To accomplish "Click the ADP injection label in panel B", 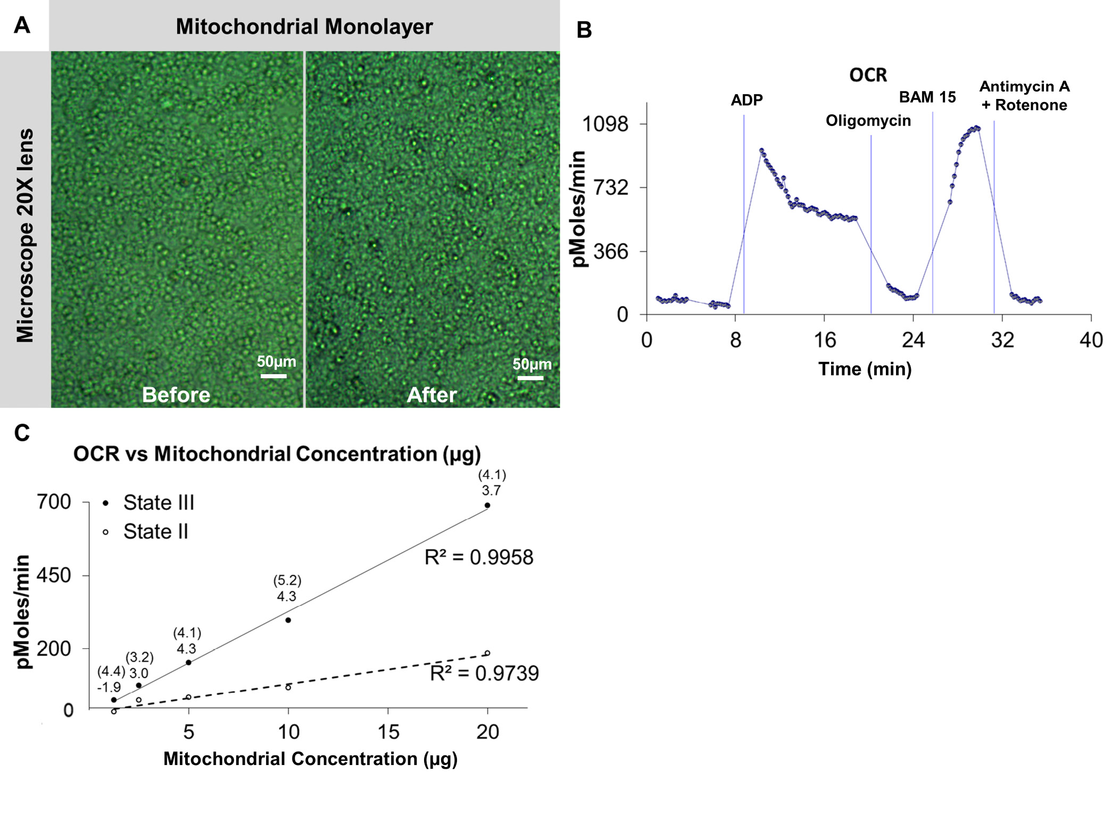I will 746,100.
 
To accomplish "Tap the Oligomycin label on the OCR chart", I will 868,121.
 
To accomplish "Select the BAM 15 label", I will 927,97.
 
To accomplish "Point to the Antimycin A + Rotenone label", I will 1024,96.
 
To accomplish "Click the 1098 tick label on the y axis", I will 605,124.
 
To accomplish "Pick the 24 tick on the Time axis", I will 913,339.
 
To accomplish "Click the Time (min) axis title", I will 865,369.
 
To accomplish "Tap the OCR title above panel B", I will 868,75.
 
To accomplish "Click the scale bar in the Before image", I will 273,376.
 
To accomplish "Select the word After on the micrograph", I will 432,395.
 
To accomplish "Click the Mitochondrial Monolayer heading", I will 304,27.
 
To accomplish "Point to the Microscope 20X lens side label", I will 25,235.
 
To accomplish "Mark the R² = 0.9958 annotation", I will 478,557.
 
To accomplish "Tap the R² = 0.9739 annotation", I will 484,673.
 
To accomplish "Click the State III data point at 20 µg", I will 487,505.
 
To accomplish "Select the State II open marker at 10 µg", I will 288,687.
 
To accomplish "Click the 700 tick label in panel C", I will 54,502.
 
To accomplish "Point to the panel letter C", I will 22,433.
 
